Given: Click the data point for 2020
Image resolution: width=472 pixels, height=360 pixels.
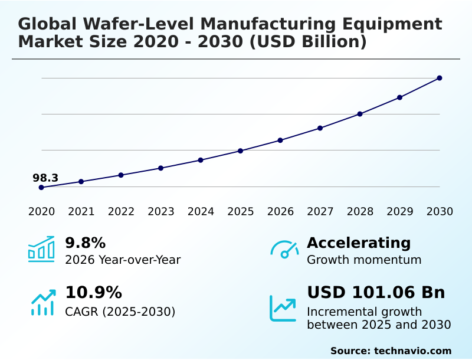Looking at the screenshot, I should pyautogui.click(x=41, y=188).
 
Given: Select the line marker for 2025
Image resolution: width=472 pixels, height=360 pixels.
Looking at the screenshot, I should pyautogui.click(x=241, y=151).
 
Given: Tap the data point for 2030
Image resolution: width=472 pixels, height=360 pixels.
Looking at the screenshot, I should pyautogui.click(x=440, y=78).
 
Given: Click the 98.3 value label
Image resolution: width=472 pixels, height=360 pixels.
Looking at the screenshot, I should pyautogui.click(x=45, y=178).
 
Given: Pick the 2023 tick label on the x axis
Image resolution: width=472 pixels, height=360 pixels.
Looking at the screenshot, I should pyautogui.click(x=161, y=212).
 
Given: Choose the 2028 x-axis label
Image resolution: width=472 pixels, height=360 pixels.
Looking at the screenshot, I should pyautogui.click(x=360, y=212).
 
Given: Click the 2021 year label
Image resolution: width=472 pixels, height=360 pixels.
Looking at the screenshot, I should pyautogui.click(x=81, y=212).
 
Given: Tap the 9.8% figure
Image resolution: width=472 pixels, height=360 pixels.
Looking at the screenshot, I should pyautogui.click(x=85, y=243).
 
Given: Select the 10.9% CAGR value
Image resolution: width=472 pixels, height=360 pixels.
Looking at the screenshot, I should pyautogui.click(x=93, y=293).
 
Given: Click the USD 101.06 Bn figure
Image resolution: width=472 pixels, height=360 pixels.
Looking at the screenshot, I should pyautogui.click(x=376, y=293).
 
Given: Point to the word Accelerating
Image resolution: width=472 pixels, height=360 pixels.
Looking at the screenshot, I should pyautogui.click(x=359, y=243).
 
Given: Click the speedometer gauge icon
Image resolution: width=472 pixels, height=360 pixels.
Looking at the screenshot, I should pyautogui.click(x=284, y=250).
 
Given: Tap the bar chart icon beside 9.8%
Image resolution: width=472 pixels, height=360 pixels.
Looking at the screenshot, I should pyautogui.click(x=41, y=249).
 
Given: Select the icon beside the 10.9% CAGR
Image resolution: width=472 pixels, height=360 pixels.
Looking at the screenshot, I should pyautogui.click(x=42, y=302).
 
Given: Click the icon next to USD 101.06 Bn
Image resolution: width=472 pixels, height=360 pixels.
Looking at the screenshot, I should pyautogui.click(x=283, y=308).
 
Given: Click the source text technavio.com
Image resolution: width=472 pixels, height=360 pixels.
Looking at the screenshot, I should pyautogui.click(x=412, y=351).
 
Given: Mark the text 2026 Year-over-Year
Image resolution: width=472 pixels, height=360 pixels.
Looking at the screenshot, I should pyautogui.click(x=123, y=260).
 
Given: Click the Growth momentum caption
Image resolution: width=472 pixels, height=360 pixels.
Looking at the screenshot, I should pyautogui.click(x=364, y=260).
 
